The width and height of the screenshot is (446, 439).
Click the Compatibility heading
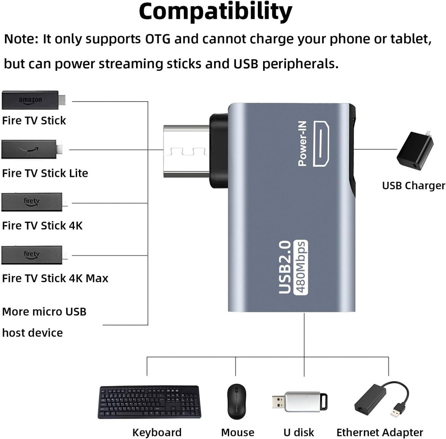(215, 12)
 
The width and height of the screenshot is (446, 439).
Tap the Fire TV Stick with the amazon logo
(33, 100)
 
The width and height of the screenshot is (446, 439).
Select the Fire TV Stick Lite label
(45, 173)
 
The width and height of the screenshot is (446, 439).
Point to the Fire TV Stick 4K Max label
(55, 278)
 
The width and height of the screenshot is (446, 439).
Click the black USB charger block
(415, 150)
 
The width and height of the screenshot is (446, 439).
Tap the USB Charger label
(413, 186)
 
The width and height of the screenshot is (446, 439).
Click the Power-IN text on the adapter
(302, 144)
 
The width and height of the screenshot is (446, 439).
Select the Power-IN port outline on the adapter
(321, 144)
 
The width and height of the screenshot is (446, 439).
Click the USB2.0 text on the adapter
(285, 267)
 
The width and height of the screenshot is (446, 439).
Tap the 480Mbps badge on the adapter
(301, 267)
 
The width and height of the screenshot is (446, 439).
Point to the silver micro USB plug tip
(186, 151)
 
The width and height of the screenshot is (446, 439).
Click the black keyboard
(149, 402)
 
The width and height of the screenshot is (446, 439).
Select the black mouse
(237, 401)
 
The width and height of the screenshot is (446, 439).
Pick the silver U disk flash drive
(300, 402)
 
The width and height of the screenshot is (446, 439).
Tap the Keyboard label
(157, 432)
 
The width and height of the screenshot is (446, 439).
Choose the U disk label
(299, 432)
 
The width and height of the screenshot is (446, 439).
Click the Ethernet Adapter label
(380, 432)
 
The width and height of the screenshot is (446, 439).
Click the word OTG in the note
(157, 39)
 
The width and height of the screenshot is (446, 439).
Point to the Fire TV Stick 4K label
(42, 226)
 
